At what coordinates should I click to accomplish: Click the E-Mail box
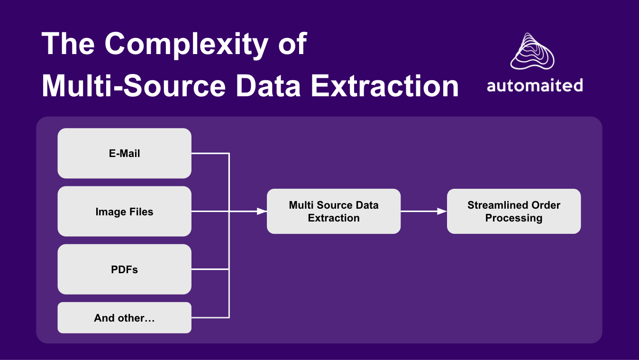click(124, 153)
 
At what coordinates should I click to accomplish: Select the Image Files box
click(124, 212)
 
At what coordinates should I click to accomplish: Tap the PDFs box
click(124, 269)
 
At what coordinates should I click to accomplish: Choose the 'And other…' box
click(124, 318)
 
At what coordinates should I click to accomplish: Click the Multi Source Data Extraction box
click(334, 212)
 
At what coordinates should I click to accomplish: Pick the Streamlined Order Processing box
click(514, 212)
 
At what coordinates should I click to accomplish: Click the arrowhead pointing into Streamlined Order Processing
click(442, 212)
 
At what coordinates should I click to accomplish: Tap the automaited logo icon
click(532, 51)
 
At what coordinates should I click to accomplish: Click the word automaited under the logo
click(534, 86)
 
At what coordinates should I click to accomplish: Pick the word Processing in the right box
click(514, 218)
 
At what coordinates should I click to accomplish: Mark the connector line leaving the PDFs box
click(210, 269)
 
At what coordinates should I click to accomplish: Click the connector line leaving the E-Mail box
click(210, 153)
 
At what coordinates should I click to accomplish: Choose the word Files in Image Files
click(141, 212)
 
